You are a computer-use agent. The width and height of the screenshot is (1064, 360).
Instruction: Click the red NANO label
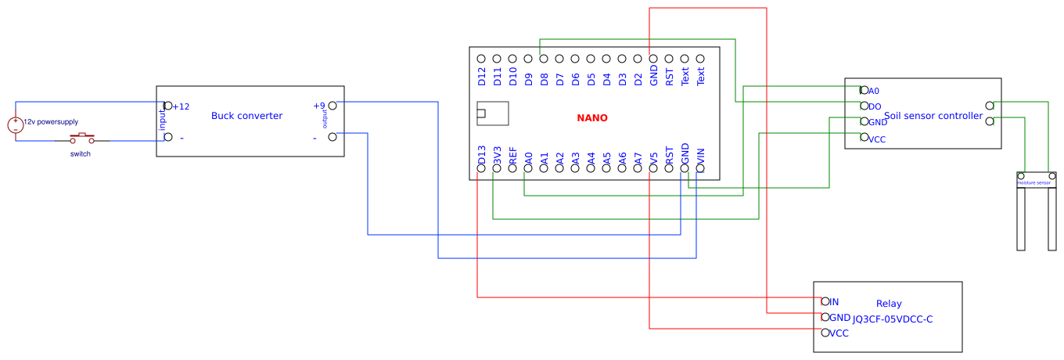[592, 118]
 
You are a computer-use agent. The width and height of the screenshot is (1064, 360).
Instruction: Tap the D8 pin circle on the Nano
[544, 59]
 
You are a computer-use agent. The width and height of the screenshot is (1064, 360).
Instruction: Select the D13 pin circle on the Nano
[481, 167]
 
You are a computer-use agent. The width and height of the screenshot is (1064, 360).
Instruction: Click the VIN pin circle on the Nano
[700, 167]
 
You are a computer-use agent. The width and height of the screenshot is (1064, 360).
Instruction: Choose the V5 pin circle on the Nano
[653, 167]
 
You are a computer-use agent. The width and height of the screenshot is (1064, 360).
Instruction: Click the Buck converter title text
[246, 116]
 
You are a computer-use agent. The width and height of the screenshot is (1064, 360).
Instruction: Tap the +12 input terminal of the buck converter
[168, 106]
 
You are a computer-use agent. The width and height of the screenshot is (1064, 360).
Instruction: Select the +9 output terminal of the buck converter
[332, 106]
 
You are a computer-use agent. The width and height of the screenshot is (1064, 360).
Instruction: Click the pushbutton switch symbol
[81, 139]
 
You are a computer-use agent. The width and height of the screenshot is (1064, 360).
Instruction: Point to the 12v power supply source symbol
[16, 125]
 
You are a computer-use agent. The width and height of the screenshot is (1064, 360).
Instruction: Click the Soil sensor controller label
[933, 116]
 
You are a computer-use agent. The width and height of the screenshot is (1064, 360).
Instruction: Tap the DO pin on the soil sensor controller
[864, 106]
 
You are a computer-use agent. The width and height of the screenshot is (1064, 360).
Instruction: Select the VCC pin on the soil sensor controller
[864, 138]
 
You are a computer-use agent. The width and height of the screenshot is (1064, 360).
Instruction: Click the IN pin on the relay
[825, 301]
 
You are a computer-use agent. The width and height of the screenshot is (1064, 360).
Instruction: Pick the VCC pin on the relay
[825, 333]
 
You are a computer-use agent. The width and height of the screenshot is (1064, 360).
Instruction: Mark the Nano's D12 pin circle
[481, 59]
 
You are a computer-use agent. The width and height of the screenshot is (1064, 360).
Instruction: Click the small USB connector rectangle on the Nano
[492, 113]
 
